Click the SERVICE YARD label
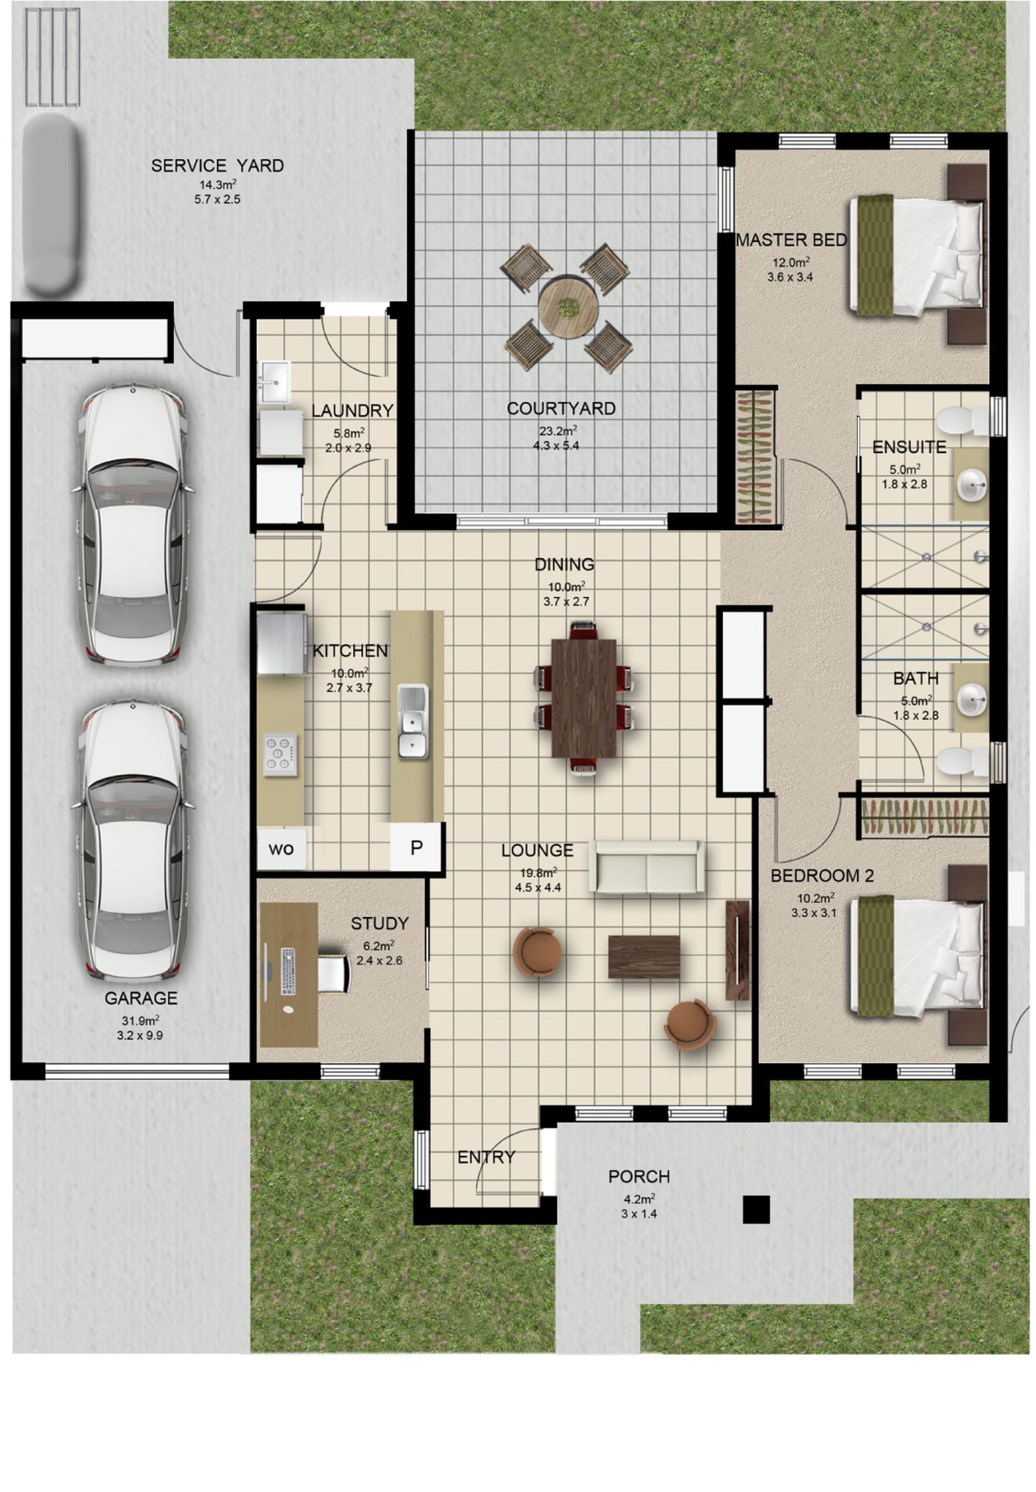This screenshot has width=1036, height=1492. (x=217, y=166)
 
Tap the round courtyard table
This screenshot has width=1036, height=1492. (x=568, y=308)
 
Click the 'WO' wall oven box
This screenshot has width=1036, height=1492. (x=281, y=849)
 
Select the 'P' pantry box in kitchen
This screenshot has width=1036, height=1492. (x=417, y=847)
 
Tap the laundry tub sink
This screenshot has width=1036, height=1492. (x=274, y=381)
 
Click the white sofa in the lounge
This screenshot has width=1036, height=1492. (x=647, y=867)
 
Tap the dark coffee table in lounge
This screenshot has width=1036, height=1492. (x=644, y=956)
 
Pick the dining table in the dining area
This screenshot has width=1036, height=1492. (x=584, y=698)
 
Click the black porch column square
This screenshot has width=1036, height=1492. (x=756, y=1209)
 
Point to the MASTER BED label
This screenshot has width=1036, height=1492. (x=791, y=240)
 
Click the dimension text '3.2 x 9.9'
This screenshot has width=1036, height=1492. (x=140, y=1035)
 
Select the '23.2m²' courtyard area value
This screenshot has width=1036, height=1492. (x=557, y=431)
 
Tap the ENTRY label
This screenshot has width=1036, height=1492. (x=486, y=1157)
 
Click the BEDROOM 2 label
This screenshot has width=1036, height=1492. (x=822, y=876)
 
